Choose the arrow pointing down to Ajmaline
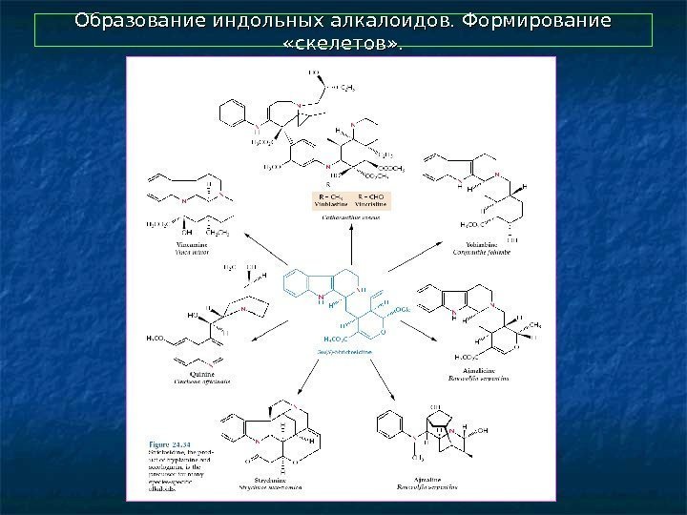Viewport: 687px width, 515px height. click(x=382, y=381)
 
